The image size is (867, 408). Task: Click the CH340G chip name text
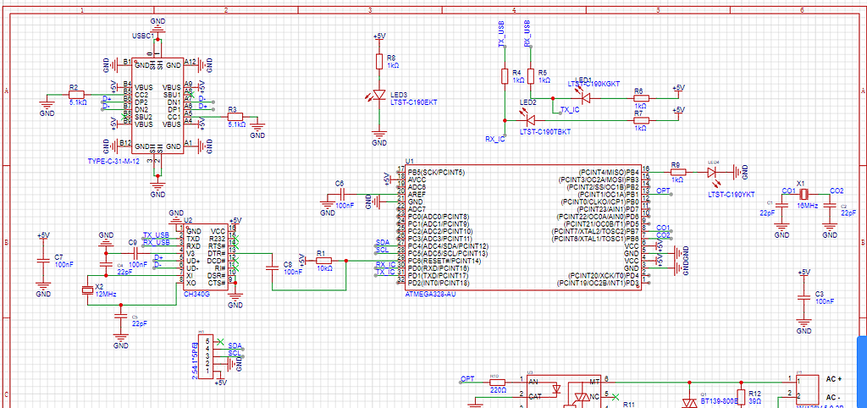coord(196,295)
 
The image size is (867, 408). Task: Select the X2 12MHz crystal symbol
coord(87,290)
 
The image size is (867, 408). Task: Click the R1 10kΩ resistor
coord(323,261)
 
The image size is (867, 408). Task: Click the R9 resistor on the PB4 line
coord(677,172)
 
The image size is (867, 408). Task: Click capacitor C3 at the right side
coord(803,298)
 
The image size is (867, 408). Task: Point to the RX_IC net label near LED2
coord(494,138)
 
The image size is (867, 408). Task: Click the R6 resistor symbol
coord(640,98)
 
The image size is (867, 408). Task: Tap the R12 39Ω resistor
coord(743,397)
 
